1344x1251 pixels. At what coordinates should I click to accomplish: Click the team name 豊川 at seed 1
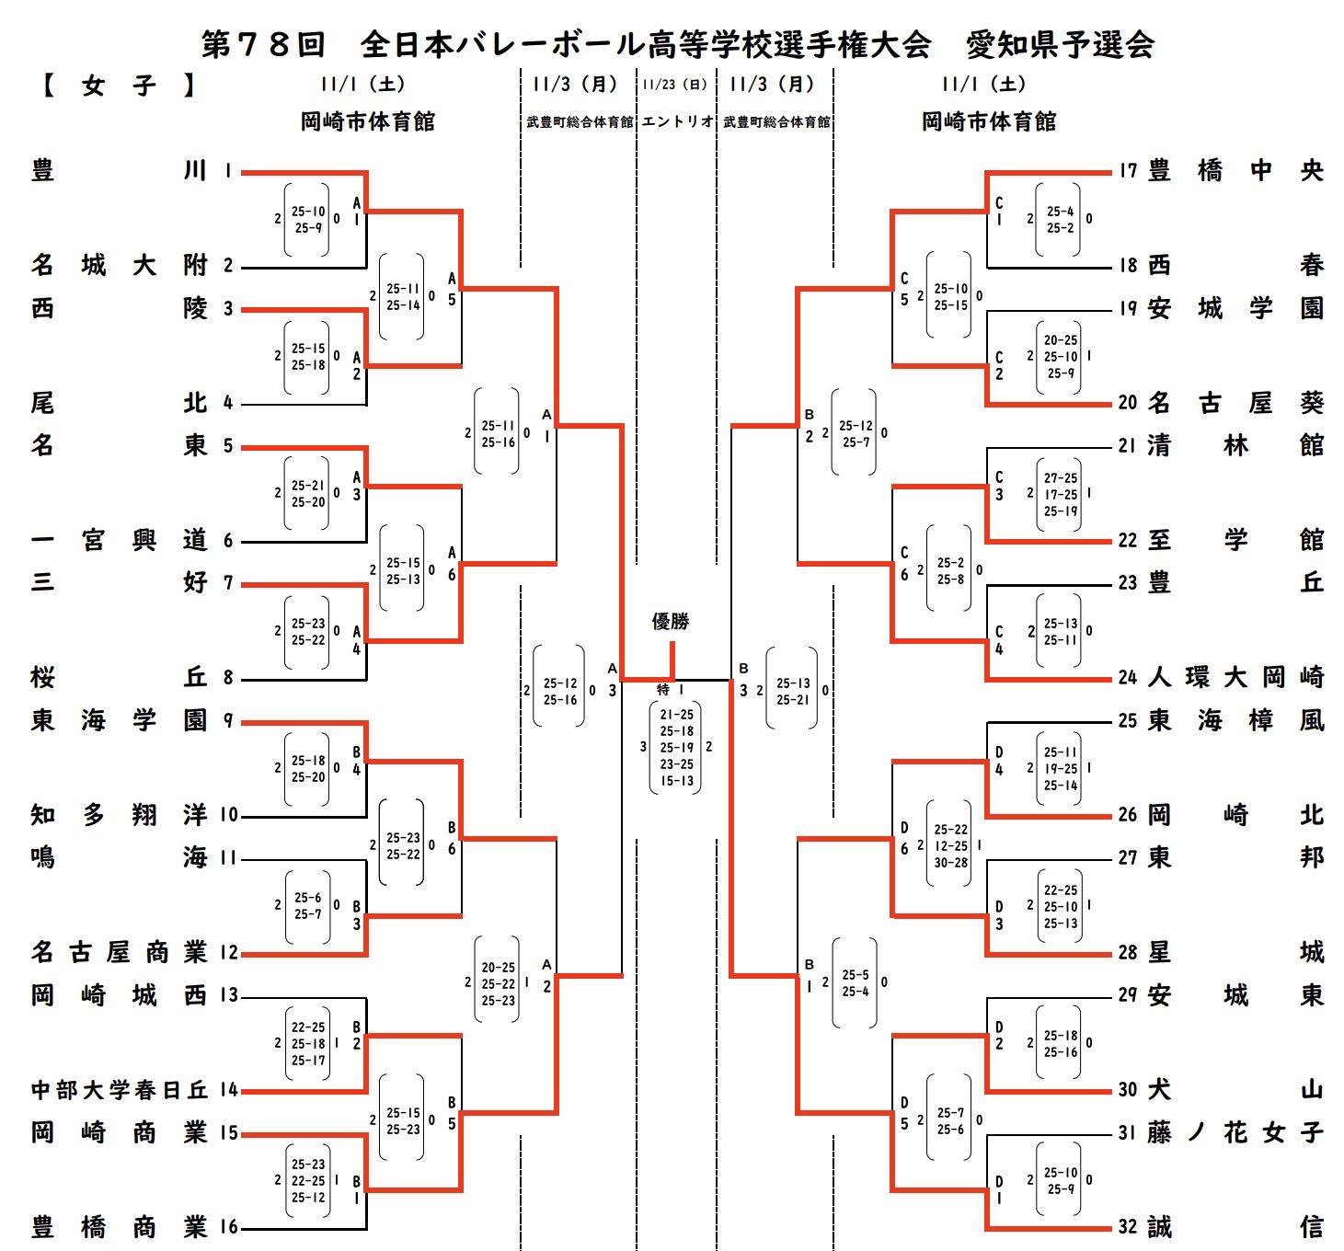[119, 171]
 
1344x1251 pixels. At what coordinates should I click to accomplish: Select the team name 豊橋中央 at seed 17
[1235, 171]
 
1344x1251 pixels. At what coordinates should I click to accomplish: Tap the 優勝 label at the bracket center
[671, 622]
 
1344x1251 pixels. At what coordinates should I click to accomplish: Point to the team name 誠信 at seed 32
[1235, 1227]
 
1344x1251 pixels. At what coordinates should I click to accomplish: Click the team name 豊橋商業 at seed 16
[119, 1227]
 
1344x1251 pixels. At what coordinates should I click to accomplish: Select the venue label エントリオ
[677, 121]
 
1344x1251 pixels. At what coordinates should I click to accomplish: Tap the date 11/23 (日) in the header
[676, 85]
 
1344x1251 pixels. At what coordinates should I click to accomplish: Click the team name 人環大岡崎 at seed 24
[1235, 678]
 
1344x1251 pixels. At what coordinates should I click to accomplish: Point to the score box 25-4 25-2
[1060, 220]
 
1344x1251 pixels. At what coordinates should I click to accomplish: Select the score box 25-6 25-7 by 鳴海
[308, 906]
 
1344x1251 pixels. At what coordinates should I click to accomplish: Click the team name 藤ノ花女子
[1235, 1133]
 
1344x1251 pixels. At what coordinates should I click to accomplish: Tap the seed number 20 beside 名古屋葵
[1128, 403]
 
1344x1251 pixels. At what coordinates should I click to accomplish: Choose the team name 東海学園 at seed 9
[119, 720]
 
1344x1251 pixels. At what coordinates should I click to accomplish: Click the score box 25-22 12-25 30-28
[950, 846]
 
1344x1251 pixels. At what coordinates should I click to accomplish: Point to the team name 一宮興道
[119, 541]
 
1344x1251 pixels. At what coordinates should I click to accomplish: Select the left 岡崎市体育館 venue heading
[368, 121]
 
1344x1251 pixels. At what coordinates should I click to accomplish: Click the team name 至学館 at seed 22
[1235, 541]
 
